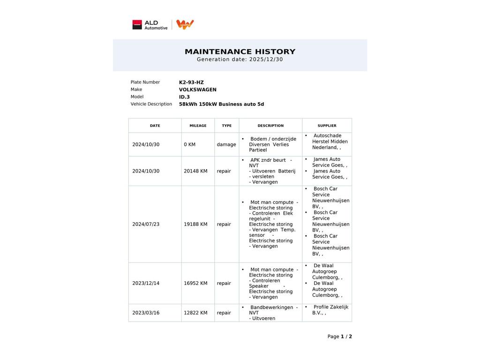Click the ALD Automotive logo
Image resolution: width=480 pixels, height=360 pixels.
pyautogui.click(x=150, y=25)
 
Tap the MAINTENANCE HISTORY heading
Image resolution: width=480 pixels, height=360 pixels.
pyautogui.click(x=240, y=52)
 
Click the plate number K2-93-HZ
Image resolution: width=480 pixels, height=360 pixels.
pyautogui.click(x=191, y=82)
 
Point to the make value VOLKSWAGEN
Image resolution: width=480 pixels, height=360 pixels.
pyautogui.click(x=198, y=90)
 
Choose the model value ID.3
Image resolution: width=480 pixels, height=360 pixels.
pyautogui.click(x=184, y=97)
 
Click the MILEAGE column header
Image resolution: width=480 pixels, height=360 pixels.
pyautogui.click(x=198, y=126)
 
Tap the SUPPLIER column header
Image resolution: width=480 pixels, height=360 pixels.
pyautogui.click(x=327, y=126)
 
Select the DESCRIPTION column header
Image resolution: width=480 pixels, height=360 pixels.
pyautogui.click(x=270, y=126)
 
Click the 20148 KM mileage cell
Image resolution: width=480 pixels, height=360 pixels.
pyautogui.click(x=195, y=171)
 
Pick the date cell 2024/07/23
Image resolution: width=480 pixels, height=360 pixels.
pyautogui.click(x=146, y=225)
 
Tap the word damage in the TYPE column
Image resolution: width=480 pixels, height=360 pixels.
pyautogui.click(x=226, y=144)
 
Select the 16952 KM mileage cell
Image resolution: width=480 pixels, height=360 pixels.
pyautogui.click(x=195, y=283)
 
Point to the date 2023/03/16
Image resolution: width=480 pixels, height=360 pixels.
pyautogui.click(x=146, y=313)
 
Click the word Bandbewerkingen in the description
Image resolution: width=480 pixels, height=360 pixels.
pyautogui.click(x=271, y=307)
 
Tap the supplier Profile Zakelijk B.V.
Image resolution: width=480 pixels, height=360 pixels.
pyautogui.click(x=330, y=310)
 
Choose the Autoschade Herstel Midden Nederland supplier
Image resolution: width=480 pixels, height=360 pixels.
pyautogui.click(x=330, y=142)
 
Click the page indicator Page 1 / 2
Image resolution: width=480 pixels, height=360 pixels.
pyautogui.click(x=339, y=337)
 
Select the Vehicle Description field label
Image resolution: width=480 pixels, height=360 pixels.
pyautogui.click(x=151, y=104)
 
